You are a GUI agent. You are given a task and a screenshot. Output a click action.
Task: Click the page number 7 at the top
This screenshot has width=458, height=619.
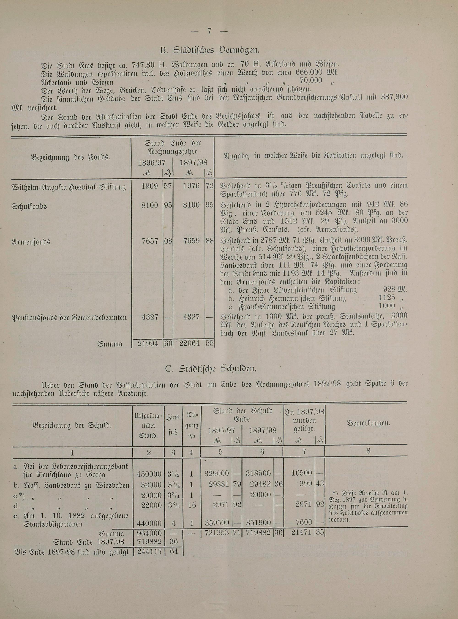click(209, 31)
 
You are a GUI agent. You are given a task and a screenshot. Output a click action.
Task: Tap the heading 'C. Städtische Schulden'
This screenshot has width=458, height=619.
click(211, 369)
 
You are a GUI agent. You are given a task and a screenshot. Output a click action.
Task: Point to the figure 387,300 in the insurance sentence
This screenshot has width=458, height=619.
click(394, 98)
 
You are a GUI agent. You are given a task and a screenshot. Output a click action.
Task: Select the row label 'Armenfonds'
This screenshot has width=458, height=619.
click(31, 241)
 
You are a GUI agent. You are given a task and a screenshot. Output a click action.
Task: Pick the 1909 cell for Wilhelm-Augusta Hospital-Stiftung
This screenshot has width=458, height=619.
click(150, 186)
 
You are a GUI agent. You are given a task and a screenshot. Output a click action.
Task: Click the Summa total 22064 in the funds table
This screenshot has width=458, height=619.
click(190, 344)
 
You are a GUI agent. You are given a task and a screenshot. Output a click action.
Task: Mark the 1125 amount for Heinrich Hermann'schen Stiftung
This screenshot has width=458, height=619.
click(387, 298)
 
